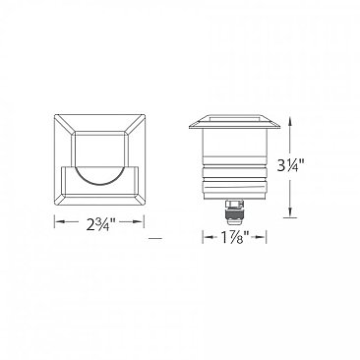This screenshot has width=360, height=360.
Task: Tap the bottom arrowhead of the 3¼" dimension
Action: pyautogui.click(x=290, y=218)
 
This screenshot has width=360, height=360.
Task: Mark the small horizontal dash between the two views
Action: pyautogui.click(x=153, y=238)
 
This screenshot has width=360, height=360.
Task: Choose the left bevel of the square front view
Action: pyautogui.click(x=59, y=162)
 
